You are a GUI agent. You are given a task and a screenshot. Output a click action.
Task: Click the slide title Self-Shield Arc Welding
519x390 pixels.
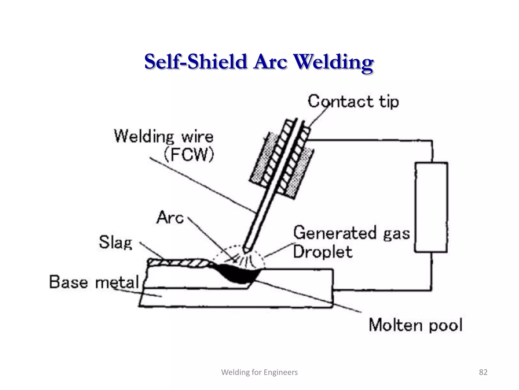[259, 62]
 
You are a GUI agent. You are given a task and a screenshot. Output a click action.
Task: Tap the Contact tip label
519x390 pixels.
[353, 102]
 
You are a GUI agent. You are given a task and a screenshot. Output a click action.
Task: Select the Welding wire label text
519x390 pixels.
[164, 136]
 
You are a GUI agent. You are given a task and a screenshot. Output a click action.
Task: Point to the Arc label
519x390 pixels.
[170, 218]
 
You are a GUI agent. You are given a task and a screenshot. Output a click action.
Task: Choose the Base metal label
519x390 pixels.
[94, 282]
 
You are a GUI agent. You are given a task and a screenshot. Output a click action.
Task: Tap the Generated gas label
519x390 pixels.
[351, 233]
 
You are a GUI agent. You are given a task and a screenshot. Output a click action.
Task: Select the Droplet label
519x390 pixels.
[323, 252]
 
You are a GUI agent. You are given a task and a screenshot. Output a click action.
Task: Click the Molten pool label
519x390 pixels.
[415, 325]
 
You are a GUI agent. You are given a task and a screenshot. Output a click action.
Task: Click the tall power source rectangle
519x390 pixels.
[431, 207]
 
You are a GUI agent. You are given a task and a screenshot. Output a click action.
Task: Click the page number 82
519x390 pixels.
[483, 372]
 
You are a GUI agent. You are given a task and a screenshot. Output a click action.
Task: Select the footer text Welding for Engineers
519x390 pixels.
[259, 372]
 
